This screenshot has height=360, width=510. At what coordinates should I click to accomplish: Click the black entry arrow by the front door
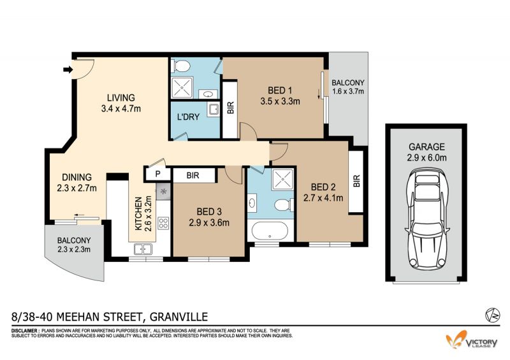(x=68, y=69)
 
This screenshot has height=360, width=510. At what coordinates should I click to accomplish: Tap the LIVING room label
(x=121, y=97)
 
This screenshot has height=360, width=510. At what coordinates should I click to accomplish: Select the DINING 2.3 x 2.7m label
(x=76, y=182)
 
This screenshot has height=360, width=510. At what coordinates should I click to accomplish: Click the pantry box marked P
(x=157, y=174)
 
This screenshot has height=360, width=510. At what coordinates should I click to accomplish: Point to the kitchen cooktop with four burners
(x=163, y=223)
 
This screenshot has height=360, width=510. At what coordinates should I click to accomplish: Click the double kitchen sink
(x=143, y=249)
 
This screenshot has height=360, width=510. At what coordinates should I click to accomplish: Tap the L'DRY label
(x=188, y=117)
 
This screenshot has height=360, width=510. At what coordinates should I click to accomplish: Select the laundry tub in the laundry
(x=214, y=109)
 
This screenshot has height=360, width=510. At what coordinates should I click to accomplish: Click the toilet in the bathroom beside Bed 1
(x=182, y=66)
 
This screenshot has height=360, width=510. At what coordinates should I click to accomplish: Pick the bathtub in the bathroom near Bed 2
(x=269, y=231)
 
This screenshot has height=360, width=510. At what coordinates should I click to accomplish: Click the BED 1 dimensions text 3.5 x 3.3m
(x=280, y=101)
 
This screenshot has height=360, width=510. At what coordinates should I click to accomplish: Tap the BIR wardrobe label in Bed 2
(x=356, y=181)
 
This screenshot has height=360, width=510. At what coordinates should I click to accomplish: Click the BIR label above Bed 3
(x=193, y=176)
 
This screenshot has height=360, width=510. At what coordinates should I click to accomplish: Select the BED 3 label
(x=209, y=212)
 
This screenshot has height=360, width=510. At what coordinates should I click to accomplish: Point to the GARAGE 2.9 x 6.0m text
(x=426, y=152)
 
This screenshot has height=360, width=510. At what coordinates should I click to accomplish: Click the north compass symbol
(x=492, y=315)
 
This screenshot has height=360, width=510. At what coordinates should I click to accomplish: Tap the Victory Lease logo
(x=472, y=340)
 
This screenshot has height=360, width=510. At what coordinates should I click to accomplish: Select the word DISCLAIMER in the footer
(x=25, y=331)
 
